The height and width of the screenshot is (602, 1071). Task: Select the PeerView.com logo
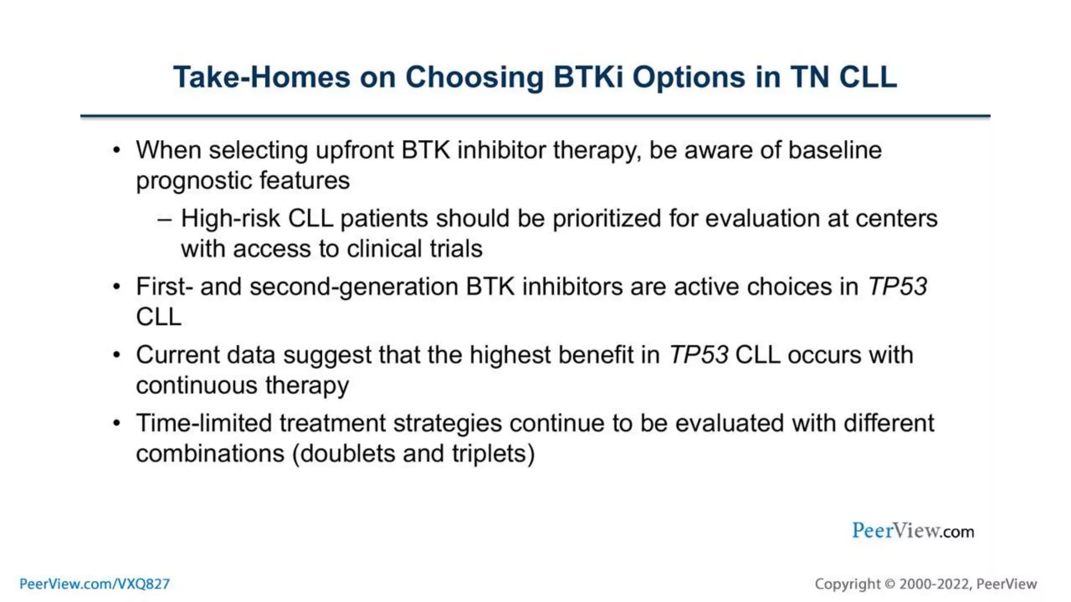pos(913,531)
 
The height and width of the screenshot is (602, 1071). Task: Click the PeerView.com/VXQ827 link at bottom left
pos(95,584)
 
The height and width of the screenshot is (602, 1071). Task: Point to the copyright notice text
pos(926,584)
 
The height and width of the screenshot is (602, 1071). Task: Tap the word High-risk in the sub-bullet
pos(231,218)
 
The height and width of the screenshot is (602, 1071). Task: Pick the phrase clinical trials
pos(415,249)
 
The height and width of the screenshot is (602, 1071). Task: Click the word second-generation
pos(354,287)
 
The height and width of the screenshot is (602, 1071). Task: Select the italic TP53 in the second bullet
pos(897,287)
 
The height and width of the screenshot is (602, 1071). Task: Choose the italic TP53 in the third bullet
pos(699,355)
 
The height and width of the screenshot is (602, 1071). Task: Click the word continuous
pos(197,386)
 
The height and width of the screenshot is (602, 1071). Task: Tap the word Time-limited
pos(204,423)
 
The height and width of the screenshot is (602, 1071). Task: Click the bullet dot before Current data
pos(117,355)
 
